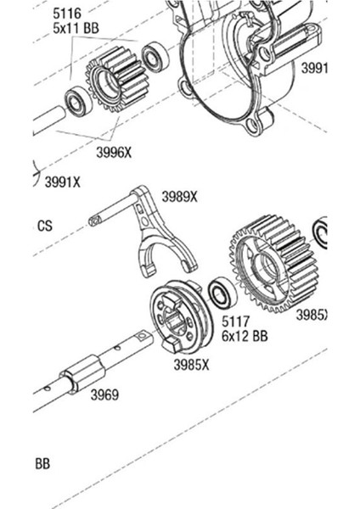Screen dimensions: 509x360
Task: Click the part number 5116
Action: click(69, 15)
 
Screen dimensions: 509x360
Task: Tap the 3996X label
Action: click(113, 153)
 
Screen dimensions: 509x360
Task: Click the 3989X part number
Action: click(179, 198)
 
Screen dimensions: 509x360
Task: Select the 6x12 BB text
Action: click(245, 336)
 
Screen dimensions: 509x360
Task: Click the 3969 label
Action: click(104, 395)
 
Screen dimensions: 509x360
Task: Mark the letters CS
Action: click(44, 227)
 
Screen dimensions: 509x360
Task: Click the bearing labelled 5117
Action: click(222, 294)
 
